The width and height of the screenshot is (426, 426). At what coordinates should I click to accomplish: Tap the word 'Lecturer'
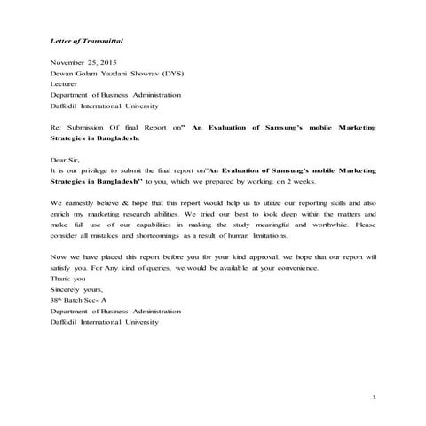tap(67, 84)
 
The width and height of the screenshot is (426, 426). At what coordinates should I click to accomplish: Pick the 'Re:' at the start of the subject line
tap(56, 129)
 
